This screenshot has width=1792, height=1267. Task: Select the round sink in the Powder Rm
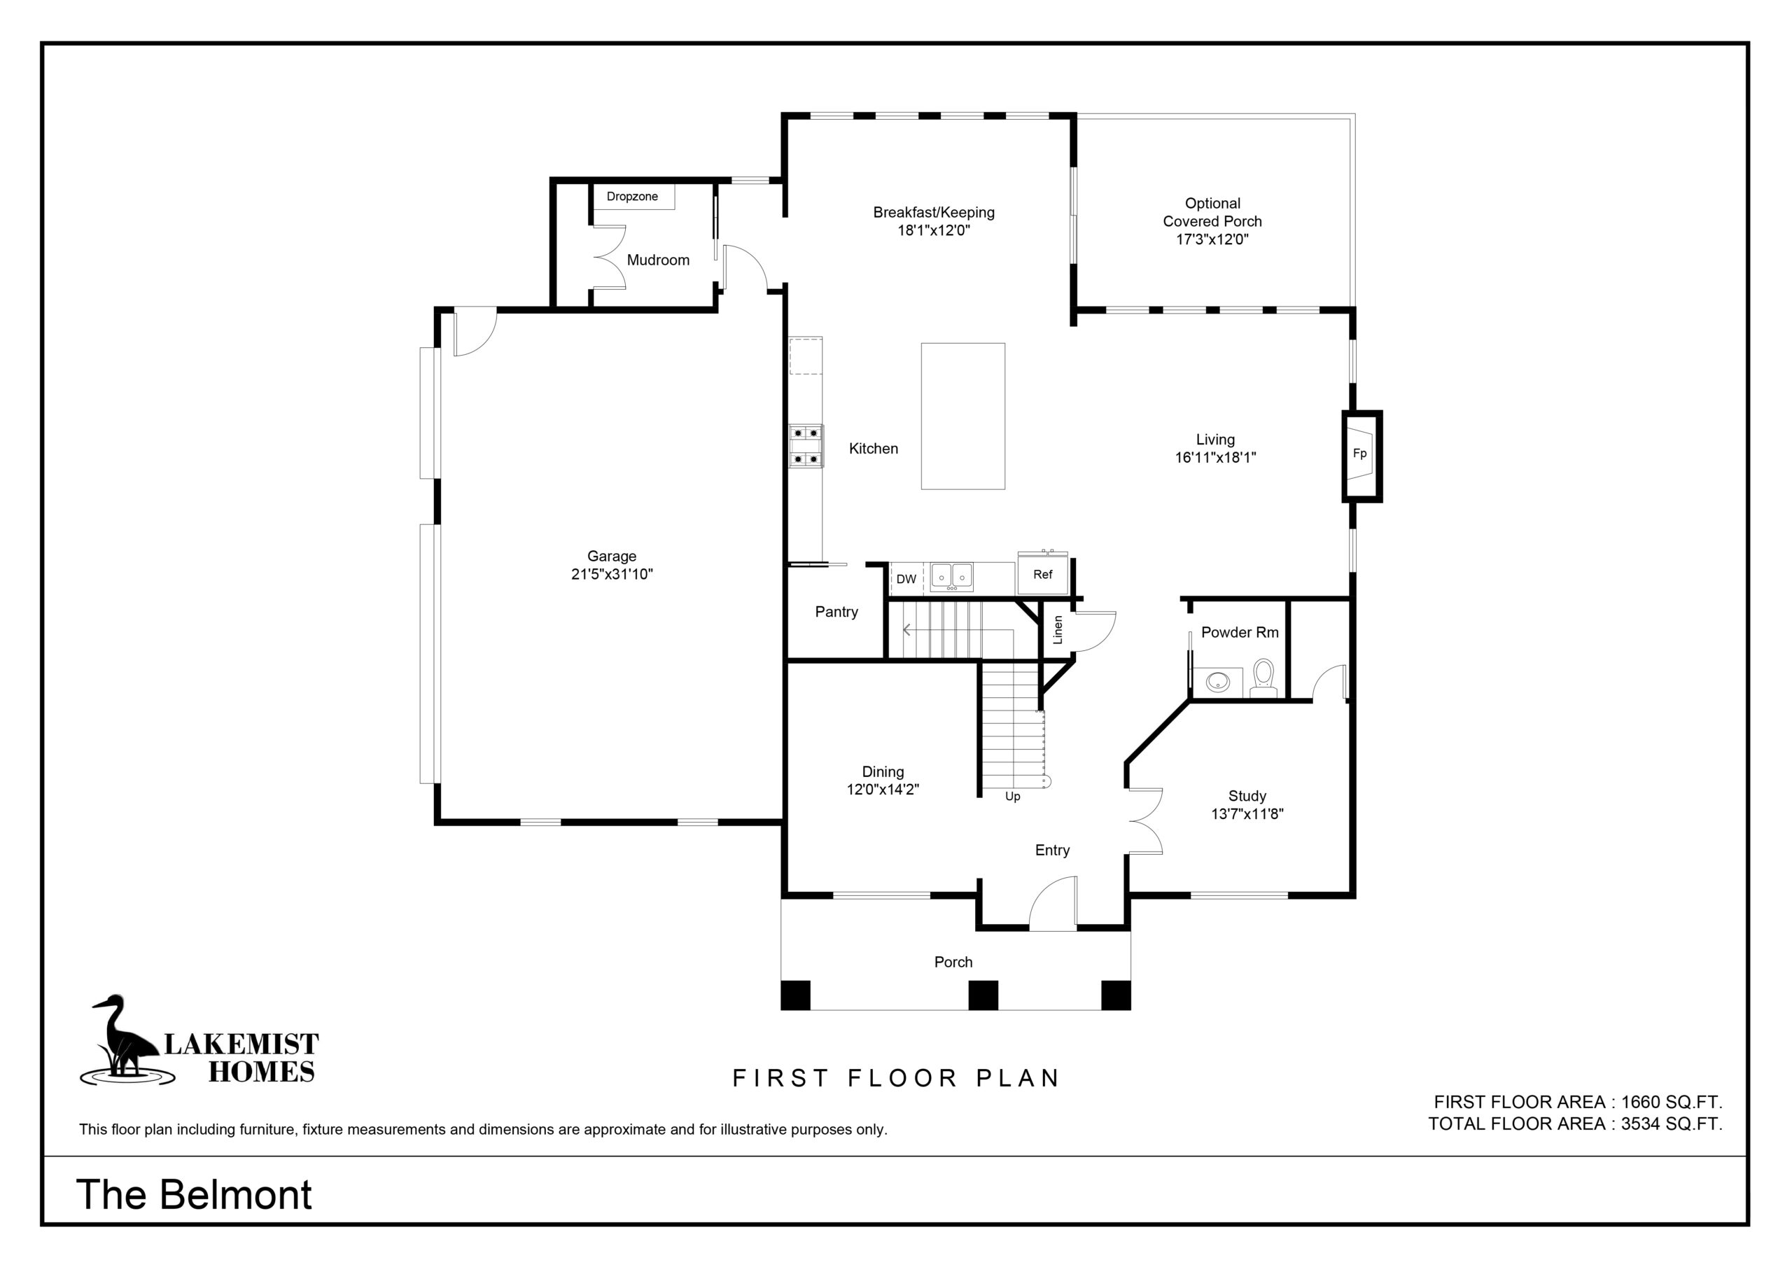(1217, 682)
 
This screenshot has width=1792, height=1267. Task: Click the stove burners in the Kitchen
(806, 446)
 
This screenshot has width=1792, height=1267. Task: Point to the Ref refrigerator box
(1043, 575)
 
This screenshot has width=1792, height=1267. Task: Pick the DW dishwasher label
(906, 579)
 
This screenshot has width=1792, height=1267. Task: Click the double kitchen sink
(951, 577)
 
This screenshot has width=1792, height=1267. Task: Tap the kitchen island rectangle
(962, 416)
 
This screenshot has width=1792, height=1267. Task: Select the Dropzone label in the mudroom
(632, 197)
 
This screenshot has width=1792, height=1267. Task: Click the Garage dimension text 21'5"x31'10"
(612, 575)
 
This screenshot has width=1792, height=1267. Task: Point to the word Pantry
(836, 612)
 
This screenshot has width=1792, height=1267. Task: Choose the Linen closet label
(1058, 630)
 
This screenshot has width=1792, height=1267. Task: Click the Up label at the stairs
(1012, 797)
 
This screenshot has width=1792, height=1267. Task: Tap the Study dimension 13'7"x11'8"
(1247, 814)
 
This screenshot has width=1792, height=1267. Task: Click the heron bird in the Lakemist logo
(125, 1037)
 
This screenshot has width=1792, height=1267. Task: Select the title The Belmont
(194, 1194)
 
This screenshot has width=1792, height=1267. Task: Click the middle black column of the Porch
(983, 995)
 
